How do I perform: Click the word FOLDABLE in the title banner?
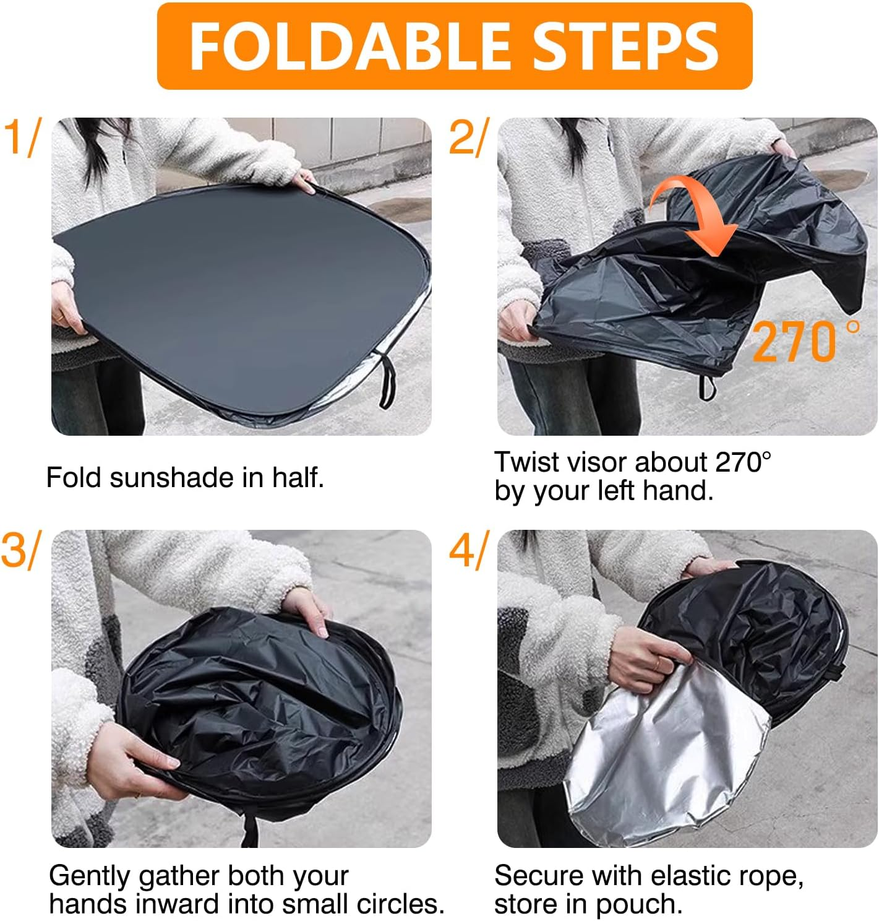(349, 47)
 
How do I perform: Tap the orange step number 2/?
(468, 137)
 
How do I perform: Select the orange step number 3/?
(21, 550)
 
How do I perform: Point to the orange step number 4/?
(468, 550)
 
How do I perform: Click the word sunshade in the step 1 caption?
(172, 478)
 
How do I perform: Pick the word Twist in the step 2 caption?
(526, 462)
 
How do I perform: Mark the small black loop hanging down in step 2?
(707, 387)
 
